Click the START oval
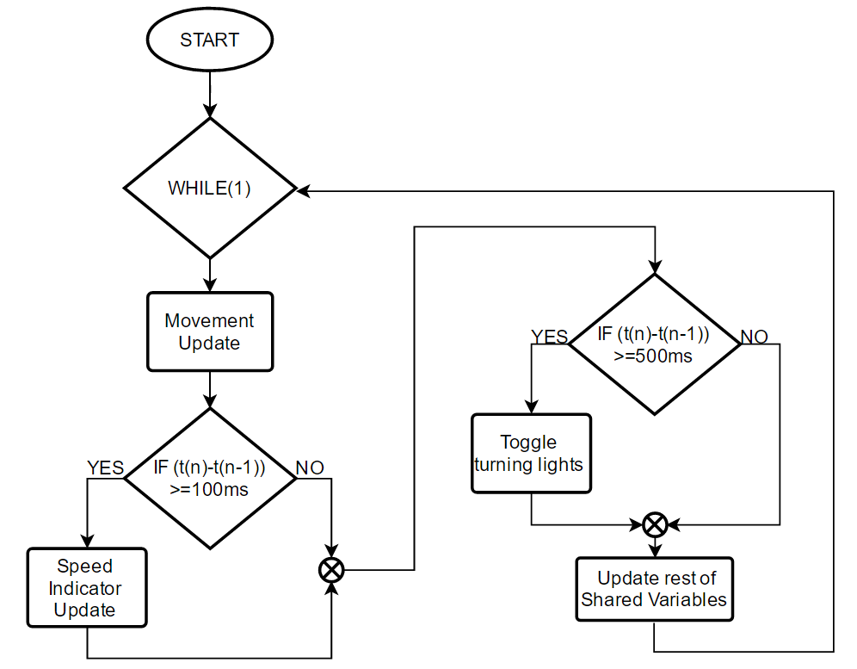(x=209, y=40)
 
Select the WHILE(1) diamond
(x=209, y=189)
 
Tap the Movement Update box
(x=209, y=331)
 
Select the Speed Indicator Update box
(x=85, y=589)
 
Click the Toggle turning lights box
(x=531, y=454)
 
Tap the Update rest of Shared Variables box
(x=653, y=589)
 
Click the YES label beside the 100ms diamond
(x=105, y=468)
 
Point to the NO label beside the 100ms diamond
(x=310, y=468)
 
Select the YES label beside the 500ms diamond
(x=549, y=336)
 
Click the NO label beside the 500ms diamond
(x=754, y=336)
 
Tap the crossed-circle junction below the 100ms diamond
(x=331, y=569)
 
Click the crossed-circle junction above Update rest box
(x=655, y=523)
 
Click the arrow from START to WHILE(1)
(x=209, y=91)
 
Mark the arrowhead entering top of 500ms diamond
(x=655, y=266)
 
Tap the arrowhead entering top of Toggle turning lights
(x=531, y=407)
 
